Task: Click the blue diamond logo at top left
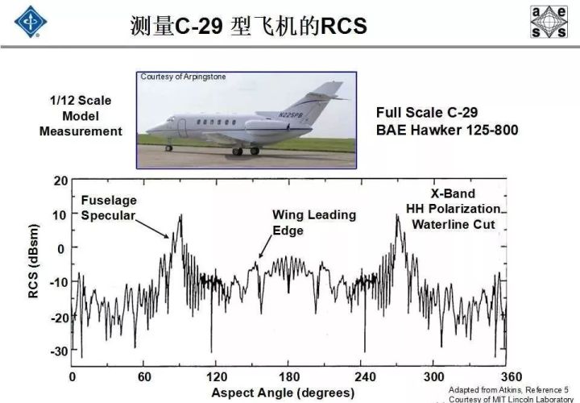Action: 31,22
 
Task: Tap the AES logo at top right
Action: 549,22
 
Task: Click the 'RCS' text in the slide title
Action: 344,26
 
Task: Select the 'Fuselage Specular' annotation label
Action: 109,208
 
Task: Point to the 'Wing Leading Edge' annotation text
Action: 314,222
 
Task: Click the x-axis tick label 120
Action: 217,376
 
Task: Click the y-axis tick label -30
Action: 59,351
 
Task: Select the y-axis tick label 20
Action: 61,181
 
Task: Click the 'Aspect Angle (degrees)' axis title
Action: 283,393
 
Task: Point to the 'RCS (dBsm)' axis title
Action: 33,261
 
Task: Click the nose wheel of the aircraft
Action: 168,148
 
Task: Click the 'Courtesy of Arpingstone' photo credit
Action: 183,77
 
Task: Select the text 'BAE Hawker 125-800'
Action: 447,131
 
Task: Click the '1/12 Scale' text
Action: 81,100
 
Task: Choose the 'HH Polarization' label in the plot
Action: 453,209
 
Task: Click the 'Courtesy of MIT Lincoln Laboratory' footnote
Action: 511,399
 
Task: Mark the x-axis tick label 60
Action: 145,376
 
